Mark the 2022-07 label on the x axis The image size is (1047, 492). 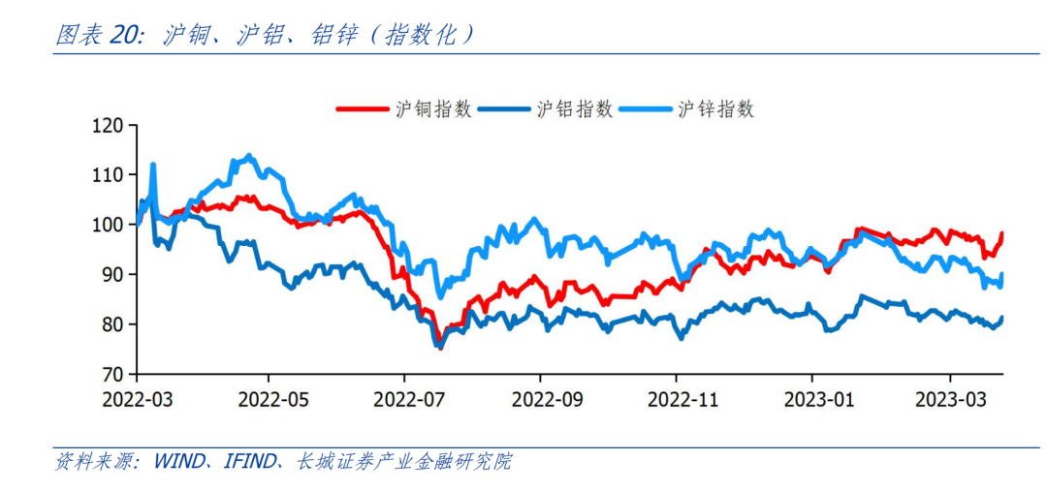point(405,398)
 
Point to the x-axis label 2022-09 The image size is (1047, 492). point(542,398)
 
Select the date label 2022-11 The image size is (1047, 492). point(678,398)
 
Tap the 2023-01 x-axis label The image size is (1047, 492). point(813,398)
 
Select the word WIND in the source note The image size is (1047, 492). point(178,462)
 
